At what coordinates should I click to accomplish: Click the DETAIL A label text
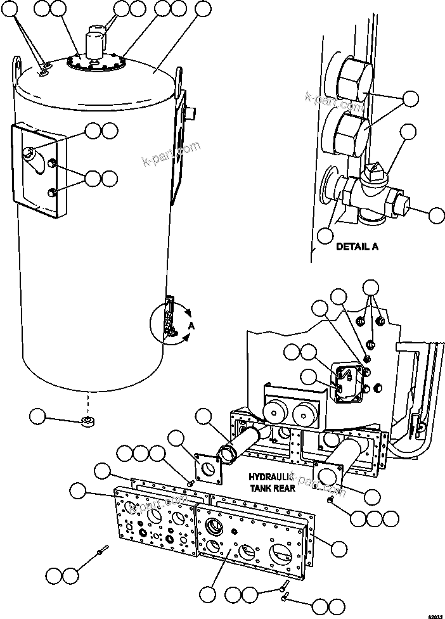[x=357, y=246]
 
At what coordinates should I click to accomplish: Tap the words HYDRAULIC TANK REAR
[x=272, y=483]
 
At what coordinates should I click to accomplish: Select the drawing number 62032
[x=434, y=615]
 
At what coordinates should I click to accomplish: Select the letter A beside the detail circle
[x=190, y=325]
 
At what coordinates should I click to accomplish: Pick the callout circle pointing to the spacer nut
[x=37, y=416]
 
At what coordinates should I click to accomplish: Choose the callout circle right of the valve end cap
[x=435, y=215]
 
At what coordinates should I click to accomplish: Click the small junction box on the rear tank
[x=348, y=383]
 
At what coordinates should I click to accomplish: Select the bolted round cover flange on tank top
[x=95, y=63]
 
